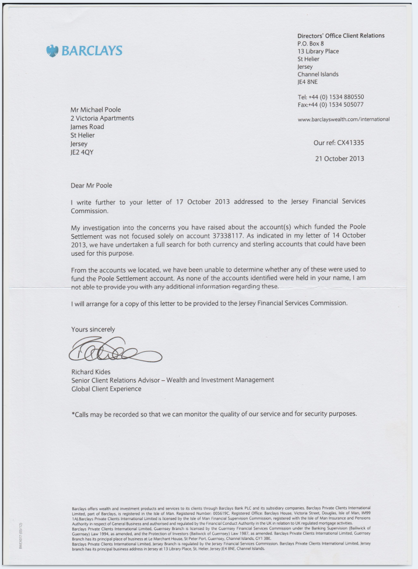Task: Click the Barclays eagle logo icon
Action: pyautogui.click(x=53, y=51)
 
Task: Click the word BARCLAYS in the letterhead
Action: pyautogui.click(x=92, y=51)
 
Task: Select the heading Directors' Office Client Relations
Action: pyautogui.click(x=340, y=36)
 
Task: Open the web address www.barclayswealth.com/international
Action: pyautogui.click(x=343, y=119)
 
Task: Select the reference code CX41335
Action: pyautogui.click(x=350, y=142)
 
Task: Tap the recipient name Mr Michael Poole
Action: pyautogui.click(x=96, y=109)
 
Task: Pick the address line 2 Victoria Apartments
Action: pyautogui.click(x=102, y=118)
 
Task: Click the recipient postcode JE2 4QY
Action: pyautogui.click(x=82, y=152)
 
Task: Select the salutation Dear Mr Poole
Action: pyautogui.click(x=91, y=186)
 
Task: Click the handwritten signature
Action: pyautogui.click(x=114, y=350)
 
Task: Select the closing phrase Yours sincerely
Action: pyautogui.click(x=93, y=329)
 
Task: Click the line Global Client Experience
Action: pyautogui.click(x=106, y=388)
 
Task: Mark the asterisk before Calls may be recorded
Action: pyautogui.click(x=73, y=414)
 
